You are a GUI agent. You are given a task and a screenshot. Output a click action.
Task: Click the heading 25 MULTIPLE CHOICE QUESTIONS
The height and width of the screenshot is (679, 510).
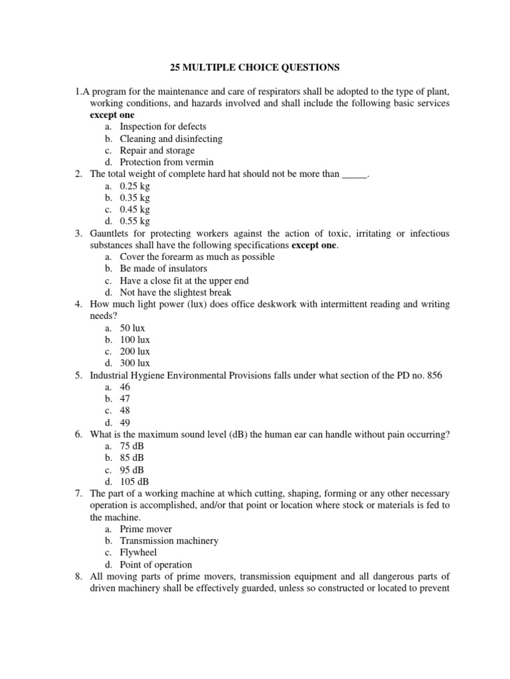[254, 67]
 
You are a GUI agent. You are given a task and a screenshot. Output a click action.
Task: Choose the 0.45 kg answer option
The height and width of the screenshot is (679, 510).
[135, 209]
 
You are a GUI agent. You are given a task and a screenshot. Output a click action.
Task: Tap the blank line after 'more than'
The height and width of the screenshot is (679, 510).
[354, 174]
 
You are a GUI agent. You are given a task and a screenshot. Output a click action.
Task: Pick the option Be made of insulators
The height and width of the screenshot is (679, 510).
[163, 269]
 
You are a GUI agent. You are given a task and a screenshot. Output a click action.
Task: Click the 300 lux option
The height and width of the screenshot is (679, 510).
[135, 363]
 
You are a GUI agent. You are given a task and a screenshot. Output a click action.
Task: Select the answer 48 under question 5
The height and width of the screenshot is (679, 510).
[125, 410]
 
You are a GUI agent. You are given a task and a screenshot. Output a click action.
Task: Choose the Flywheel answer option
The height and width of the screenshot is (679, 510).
[138, 552]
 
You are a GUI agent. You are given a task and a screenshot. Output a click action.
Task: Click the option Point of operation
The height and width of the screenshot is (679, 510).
[157, 564]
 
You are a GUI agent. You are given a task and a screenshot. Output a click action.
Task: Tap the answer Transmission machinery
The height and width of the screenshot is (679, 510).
[169, 540]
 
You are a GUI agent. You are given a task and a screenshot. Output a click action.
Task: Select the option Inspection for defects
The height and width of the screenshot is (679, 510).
[163, 127]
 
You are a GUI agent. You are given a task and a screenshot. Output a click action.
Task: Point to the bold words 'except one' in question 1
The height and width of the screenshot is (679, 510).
[112, 115]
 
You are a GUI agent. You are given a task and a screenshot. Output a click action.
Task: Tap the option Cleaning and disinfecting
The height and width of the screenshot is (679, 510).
[171, 139]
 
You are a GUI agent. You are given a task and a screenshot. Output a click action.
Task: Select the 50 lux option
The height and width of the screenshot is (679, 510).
[132, 328]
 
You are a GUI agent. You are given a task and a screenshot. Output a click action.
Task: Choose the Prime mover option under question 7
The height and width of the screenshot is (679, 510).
[145, 528]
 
